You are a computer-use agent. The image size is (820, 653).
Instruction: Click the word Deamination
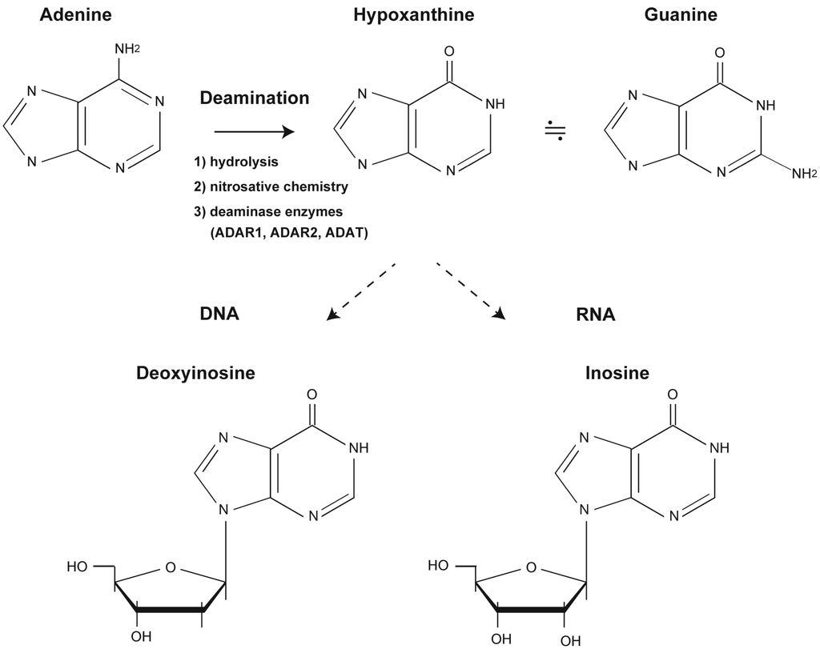click(x=254, y=98)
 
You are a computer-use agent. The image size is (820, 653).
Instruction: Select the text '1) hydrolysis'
click(x=235, y=162)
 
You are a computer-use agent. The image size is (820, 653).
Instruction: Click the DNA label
click(x=219, y=314)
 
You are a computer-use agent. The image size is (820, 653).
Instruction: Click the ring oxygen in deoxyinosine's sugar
click(x=169, y=569)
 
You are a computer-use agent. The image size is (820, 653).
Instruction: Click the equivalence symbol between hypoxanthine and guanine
click(x=554, y=132)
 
